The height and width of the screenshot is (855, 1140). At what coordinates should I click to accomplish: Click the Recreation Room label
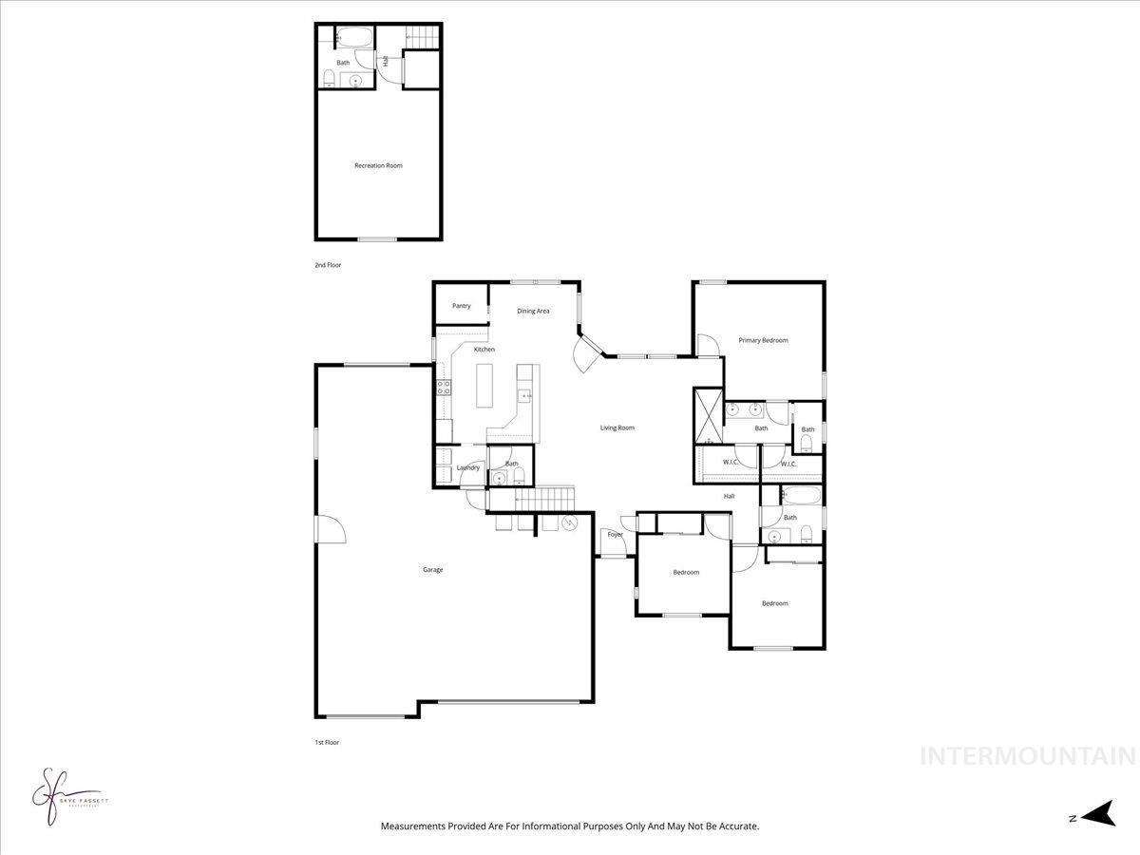click(x=378, y=165)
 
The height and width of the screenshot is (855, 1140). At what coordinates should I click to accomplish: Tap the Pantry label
click(x=461, y=306)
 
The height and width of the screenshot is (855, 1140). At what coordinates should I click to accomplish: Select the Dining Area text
click(x=533, y=311)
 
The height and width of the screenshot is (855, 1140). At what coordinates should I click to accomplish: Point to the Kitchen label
click(x=484, y=350)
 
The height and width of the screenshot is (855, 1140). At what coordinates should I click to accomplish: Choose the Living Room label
click(x=617, y=427)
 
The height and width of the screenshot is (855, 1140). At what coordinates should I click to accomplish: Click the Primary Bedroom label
click(x=763, y=340)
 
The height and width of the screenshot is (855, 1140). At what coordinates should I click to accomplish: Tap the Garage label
click(x=432, y=570)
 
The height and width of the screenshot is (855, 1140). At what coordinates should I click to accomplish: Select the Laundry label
click(x=467, y=467)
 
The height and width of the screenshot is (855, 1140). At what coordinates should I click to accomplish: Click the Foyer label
click(x=616, y=535)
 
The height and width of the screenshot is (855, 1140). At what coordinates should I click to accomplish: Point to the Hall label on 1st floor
click(x=729, y=496)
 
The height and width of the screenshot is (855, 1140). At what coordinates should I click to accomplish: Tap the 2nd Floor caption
click(x=328, y=265)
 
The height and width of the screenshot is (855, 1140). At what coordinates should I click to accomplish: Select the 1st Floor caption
click(x=326, y=742)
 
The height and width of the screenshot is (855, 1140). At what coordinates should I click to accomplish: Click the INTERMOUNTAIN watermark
click(x=1028, y=756)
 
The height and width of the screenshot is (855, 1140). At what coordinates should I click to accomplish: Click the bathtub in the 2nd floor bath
click(x=355, y=39)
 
